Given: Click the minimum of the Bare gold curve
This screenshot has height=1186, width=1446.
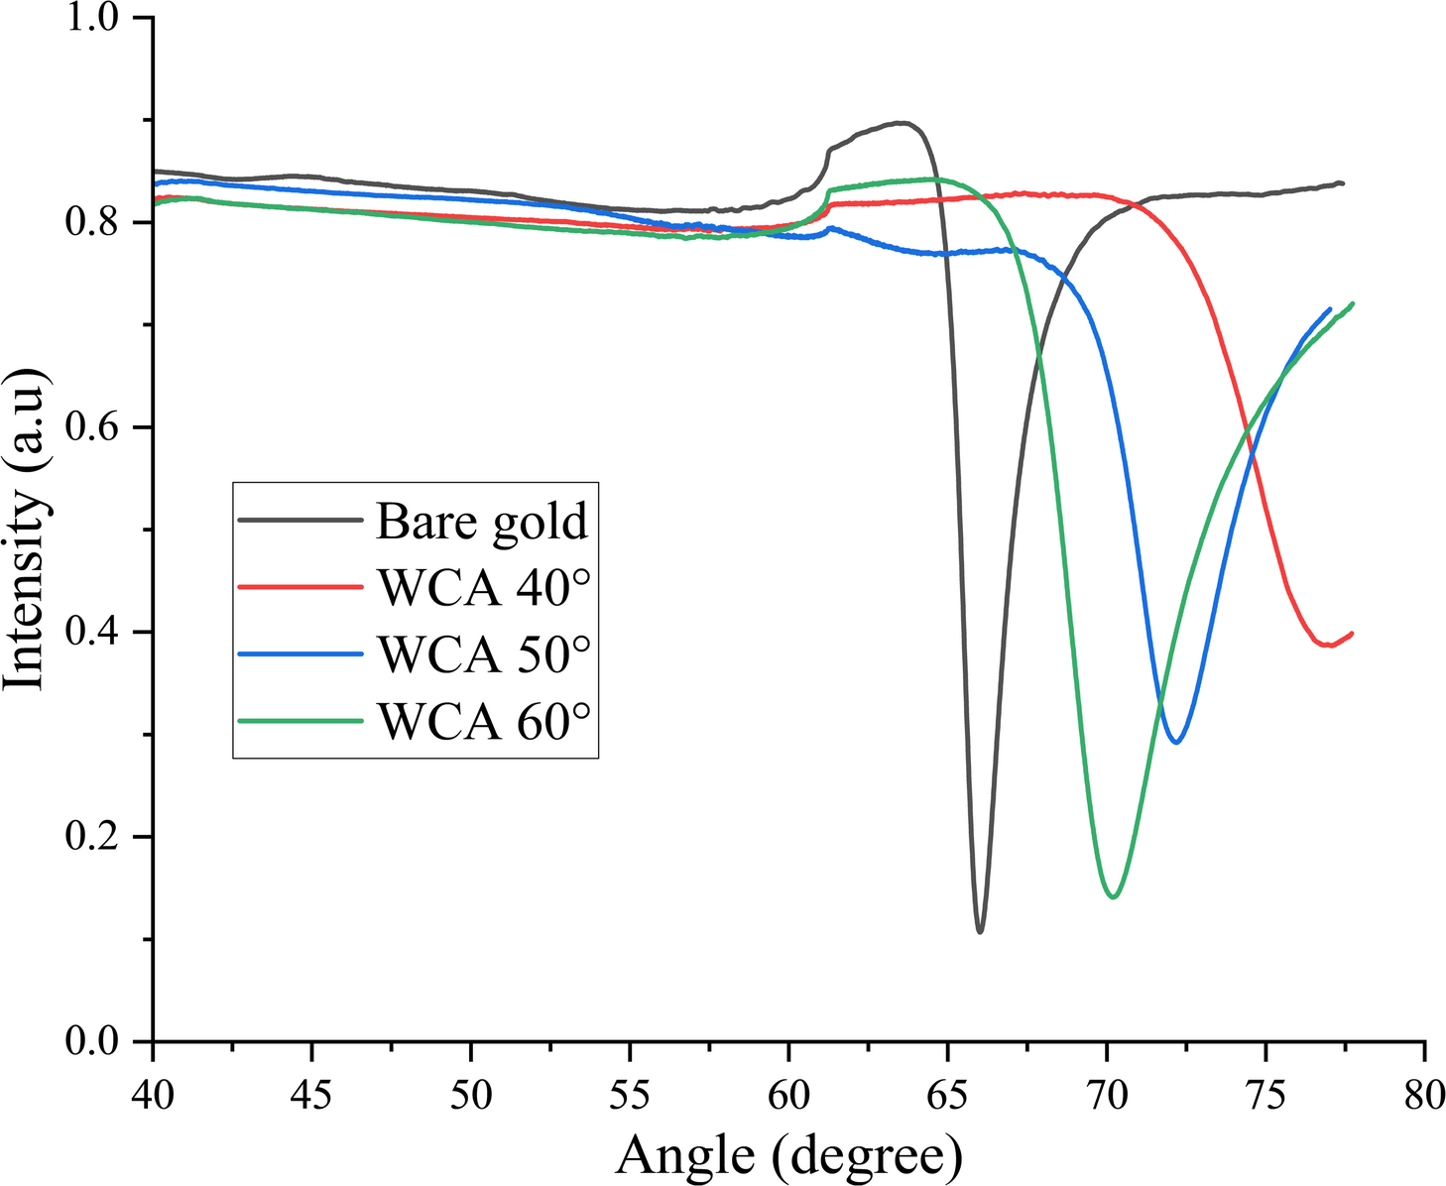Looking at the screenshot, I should pyautogui.click(x=980, y=931).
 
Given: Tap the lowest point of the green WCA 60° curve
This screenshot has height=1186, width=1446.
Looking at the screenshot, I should pyautogui.click(x=1114, y=896).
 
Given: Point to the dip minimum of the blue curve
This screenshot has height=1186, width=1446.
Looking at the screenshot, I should pyautogui.click(x=1176, y=742).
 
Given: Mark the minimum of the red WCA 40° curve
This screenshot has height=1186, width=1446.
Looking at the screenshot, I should pyautogui.click(x=1329, y=646).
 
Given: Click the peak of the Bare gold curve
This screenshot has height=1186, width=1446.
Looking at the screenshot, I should pyautogui.click(x=901, y=123).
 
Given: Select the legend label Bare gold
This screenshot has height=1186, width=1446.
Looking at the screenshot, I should pyautogui.click(x=482, y=521).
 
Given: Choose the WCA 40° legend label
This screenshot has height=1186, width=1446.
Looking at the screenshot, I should pyautogui.click(x=484, y=587).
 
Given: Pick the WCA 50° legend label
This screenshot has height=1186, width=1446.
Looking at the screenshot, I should pyautogui.click(x=484, y=653).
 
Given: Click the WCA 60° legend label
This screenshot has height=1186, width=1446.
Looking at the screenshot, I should pyautogui.click(x=484, y=721).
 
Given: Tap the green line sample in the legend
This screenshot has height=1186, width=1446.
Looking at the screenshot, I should pyautogui.click(x=301, y=721).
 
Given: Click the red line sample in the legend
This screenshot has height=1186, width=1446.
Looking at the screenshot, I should pyautogui.click(x=301, y=587).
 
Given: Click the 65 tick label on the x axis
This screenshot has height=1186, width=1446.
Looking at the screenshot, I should pyautogui.click(x=947, y=1097).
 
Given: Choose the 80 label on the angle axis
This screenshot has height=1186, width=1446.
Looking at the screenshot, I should pyautogui.click(x=1424, y=1097).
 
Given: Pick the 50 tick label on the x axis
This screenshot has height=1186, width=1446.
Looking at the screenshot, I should pyautogui.click(x=470, y=1097).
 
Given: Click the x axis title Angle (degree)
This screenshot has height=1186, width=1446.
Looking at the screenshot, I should pyautogui.click(x=788, y=1154).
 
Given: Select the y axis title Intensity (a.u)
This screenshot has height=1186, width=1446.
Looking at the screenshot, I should pyautogui.click(x=25, y=530).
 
